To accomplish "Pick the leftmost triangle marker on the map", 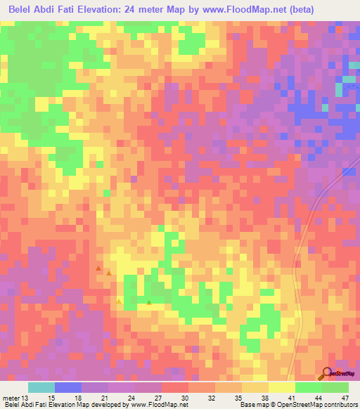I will point(98,268).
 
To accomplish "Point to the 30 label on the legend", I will point(184,398).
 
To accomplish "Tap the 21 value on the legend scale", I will point(104,398).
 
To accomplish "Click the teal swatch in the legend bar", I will point(41,387).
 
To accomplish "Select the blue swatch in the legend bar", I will point(67,387).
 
